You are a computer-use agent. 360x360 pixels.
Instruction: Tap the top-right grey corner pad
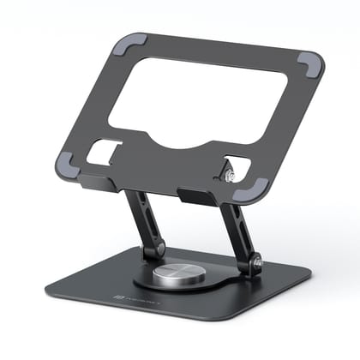(x=309, y=63)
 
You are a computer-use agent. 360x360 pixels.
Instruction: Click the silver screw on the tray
(x=229, y=177)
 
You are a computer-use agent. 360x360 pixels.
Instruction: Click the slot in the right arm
(x=237, y=231)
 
